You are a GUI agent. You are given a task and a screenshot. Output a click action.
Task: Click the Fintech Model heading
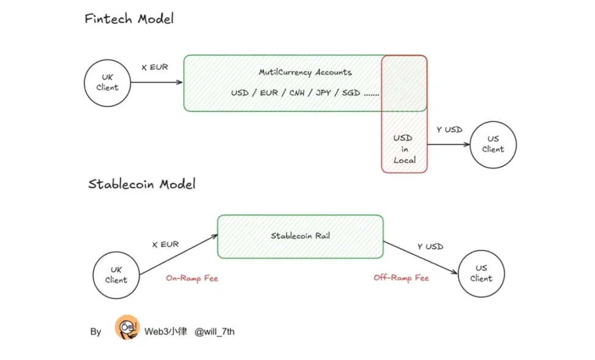click(129, 19)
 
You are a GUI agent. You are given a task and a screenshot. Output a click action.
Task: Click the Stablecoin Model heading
click(142, 184)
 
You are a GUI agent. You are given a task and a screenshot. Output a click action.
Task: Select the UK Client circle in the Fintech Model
click(107, 83)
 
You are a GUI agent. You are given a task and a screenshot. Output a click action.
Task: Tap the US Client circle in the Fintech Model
click(493, 144)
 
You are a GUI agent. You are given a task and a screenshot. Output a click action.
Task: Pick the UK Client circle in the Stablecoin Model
click(116, 275)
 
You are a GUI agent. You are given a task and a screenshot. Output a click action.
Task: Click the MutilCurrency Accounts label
click(305, 72)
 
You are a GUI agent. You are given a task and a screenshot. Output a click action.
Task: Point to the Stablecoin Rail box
click(301, 236)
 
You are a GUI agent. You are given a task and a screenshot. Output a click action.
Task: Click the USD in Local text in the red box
click(404, 149)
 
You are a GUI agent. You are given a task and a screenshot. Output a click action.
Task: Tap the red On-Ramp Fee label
click(192, 278)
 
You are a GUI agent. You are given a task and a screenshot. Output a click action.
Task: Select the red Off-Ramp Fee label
click(401, 278)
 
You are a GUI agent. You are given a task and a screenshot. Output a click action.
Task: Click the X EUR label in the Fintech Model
click(154, 67)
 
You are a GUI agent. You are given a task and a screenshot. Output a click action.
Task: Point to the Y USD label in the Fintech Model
click(449, 130)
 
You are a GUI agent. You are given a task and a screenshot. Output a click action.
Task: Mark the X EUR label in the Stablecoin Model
click(165, 244)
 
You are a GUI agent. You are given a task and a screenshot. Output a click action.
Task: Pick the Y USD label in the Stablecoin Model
click(430, 247)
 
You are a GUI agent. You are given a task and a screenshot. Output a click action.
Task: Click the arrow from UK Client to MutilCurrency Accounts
click(156, 83)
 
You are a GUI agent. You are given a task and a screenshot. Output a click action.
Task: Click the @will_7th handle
click(214, 332)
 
